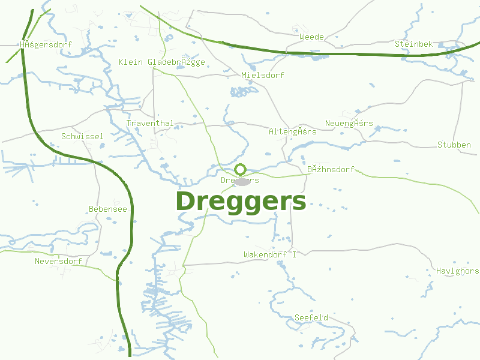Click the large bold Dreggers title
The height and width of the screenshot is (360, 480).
click(x=241, y=202)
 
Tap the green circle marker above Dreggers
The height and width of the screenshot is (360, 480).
click(x=241, y=169)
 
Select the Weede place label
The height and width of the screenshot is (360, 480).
click(x=311, y=37)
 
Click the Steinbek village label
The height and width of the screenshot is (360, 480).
click(x=410, y=44)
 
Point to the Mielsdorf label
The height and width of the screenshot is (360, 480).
click(x=263, y=76)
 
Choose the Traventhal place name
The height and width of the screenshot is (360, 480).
click(x=150, y=124)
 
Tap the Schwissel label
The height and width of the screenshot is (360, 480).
click(x=82, y=137)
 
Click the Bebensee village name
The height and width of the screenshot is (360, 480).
click(x=108, y=209)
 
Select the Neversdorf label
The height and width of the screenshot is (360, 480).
click(x=58, y=262)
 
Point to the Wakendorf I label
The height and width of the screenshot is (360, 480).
click(x=270, y=255)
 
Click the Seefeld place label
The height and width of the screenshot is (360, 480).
click(x=311, y=317)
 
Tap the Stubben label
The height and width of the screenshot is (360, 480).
click(x=454, y=145)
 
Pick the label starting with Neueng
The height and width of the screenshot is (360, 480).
click(x=349, y=124)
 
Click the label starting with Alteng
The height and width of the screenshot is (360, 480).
click(x=292, y=131)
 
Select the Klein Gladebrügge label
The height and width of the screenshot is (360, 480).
click(x=162, y=62)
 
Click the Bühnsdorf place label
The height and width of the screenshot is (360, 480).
click(x=331, y=170)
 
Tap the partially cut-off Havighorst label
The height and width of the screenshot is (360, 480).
click(x=457, y=271)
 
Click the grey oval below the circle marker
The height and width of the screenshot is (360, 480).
click(x=242, y=181)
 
